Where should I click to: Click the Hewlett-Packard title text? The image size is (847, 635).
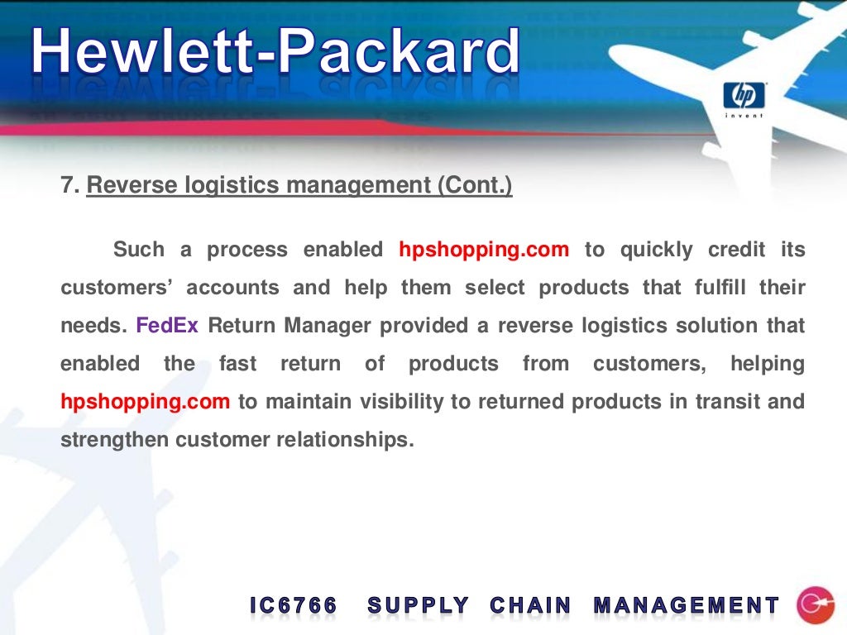click(276, 53)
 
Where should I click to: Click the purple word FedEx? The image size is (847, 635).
click(167, 326)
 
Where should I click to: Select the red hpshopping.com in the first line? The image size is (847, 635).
click(484, 250)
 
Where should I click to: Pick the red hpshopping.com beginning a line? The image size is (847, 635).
click(145, 402)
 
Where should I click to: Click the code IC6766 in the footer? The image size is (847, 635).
click(294, 606)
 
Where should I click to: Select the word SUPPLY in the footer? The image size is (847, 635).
click(419, 606)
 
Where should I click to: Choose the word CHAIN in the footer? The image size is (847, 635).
click(530, 606)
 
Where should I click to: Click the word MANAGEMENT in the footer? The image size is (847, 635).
click(687, 606)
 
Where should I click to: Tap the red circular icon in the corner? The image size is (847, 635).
click(815, 605)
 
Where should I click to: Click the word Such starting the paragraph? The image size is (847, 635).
click(138, 250)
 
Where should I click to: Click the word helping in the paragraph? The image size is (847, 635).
click(768, 364)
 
